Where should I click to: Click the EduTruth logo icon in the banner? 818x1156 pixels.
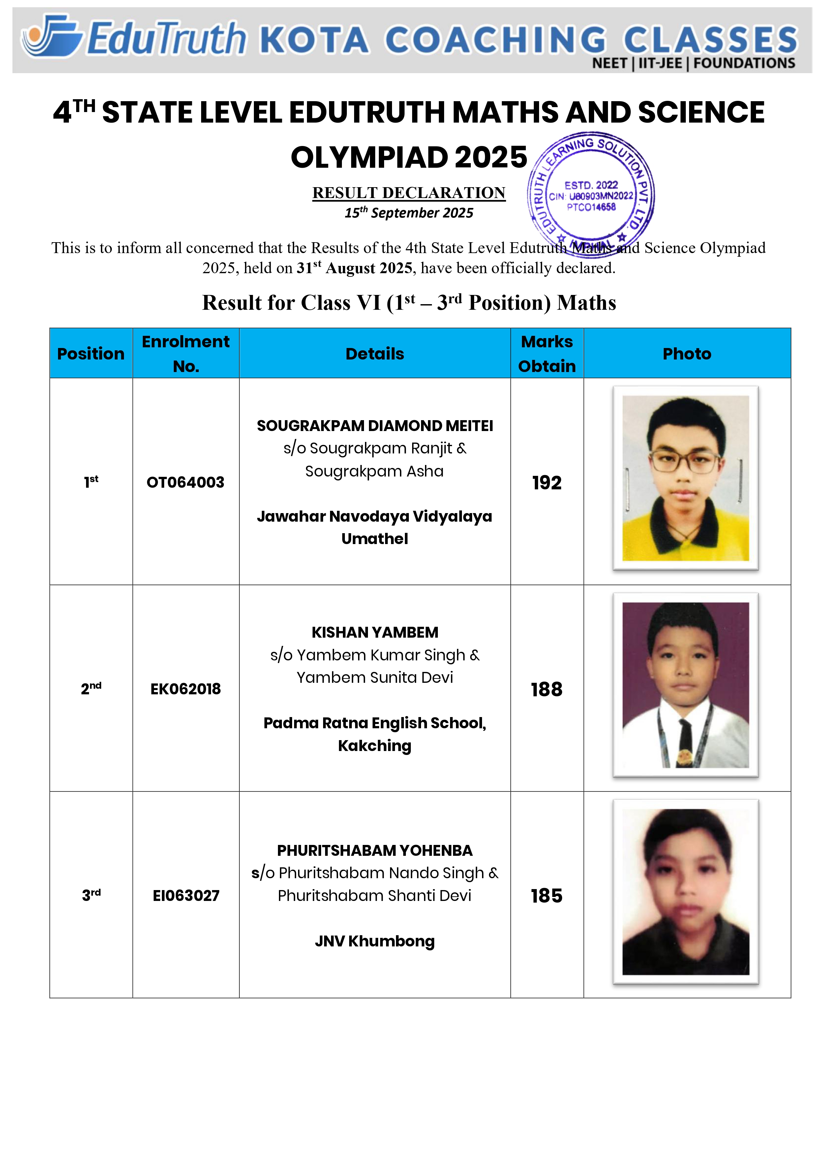pos(52,36)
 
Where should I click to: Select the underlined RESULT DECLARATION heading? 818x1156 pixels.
pos(409,193)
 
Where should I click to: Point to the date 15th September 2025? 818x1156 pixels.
pos(409,213)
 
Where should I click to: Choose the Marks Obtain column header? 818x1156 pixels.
pos(547,354)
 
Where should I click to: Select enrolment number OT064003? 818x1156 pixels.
pos(185,482)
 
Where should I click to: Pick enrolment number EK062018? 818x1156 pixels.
pos(185,689)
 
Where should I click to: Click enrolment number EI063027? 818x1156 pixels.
pos(186,896)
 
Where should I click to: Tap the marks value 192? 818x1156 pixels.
pos(547,483)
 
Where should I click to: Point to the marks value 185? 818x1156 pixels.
pos(547,896)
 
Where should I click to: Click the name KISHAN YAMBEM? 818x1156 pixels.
pos(375,632)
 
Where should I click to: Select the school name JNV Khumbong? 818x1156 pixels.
pos(375,941)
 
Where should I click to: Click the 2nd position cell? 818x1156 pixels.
pos(91,688)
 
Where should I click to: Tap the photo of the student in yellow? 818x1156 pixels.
pos(685,478)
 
